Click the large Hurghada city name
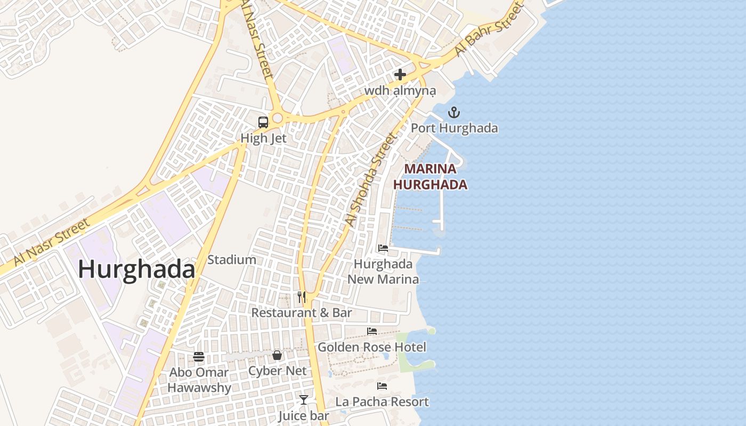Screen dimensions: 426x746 point(136,269)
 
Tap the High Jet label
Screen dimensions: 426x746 point(263,138)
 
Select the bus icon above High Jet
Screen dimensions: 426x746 point(263,122)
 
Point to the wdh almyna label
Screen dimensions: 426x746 point(400,91)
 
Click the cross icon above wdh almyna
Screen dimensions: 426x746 point(400,75)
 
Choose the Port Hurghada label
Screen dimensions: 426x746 point(454,128)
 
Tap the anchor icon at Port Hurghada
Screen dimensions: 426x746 point(454,112)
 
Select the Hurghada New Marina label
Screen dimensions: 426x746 point(383,272)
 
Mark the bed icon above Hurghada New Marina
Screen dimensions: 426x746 point(383,248)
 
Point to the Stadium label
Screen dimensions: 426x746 point(232,260)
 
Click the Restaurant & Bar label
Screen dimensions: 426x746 point(302,313)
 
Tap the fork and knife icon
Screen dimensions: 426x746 point(302,297)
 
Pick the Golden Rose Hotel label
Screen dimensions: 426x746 point(372,347)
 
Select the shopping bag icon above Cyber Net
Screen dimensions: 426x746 point(277,355)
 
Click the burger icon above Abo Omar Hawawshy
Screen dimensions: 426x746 point(199,356)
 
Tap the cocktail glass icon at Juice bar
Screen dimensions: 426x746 point(304,399)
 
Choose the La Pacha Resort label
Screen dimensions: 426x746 point(382,402)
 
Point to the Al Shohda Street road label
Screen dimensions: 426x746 point(371,179)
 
